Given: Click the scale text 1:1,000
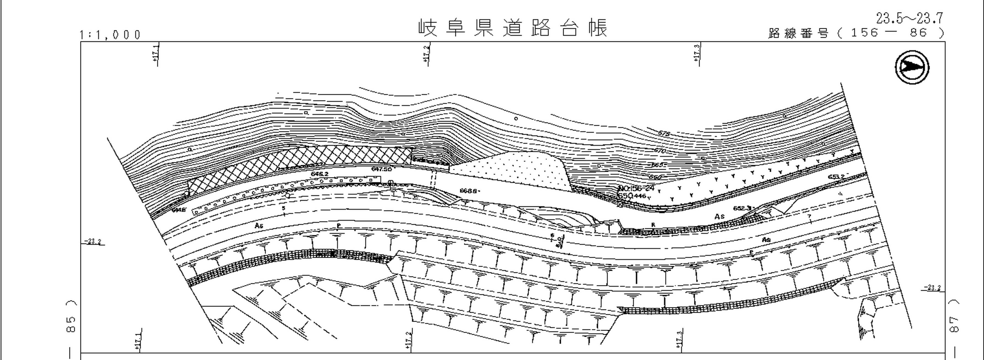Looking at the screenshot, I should [x=110, y=35].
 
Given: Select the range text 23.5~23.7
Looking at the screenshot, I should [x=909, y=18].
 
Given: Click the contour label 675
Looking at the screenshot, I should [x=664, y=133].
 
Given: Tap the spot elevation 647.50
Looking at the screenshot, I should [x=381, y=169].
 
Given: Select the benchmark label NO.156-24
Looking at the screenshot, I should [x=636, y=188].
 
